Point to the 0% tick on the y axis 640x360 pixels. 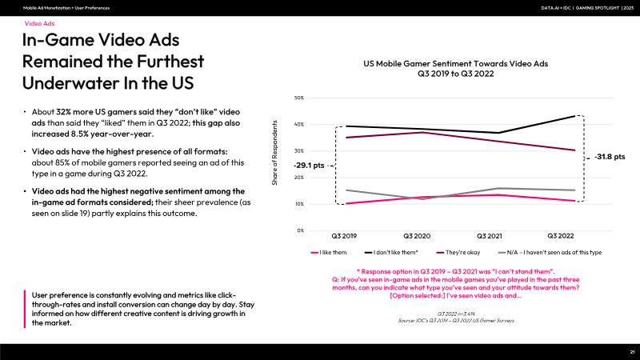301,230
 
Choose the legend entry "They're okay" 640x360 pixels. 466,252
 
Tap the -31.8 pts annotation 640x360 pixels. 610,157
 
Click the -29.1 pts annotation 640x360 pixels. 310,166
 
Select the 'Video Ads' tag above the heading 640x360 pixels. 39,25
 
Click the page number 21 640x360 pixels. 632,352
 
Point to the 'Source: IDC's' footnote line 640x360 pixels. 455,320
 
